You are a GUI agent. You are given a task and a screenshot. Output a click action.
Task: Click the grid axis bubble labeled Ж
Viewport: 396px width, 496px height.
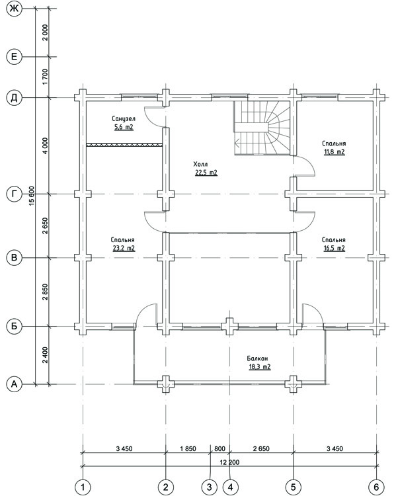pyautogui.click(x=14, y=9)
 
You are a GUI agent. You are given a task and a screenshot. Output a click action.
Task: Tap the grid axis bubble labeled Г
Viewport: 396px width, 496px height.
pyautogui.click(x=14, y=194)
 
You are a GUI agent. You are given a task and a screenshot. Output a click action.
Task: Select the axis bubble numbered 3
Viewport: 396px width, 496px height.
pyautogui.click(x=210, y=487)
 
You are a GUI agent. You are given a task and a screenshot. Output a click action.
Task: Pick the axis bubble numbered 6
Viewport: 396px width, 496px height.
pyautogui.click(x=376, y=487)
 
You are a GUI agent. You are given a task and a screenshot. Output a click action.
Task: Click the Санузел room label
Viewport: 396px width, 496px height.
pyautogui.click(x=124, y=118)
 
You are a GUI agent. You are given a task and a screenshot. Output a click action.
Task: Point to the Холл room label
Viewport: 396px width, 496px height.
pyautogui.click(x=200, y=164)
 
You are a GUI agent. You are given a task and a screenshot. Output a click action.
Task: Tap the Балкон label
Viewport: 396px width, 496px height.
pyautogui.click(x=257, y=358)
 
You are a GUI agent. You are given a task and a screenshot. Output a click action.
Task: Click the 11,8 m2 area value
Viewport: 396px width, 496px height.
pyautogui.click(x=334, y=152)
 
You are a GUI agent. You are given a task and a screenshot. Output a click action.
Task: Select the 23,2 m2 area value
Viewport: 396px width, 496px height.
pyautogui.click(x=124, y=248)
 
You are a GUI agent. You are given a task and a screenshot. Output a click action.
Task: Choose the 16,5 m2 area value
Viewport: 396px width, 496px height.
pyautogui.click(x=334, y=248)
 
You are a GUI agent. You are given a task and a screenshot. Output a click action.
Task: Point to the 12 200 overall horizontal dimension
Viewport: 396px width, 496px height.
pyautogui.click(x=229, y=462)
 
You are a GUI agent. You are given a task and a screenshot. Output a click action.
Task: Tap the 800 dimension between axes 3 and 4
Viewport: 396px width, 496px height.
pyautogui.click(x=220, y=448)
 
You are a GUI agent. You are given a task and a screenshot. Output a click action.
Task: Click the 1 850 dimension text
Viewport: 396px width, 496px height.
pyautogui.click(x=188, y=448)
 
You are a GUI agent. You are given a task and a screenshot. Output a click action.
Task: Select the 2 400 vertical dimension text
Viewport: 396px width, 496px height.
pyautogui.click(x=45, y=355)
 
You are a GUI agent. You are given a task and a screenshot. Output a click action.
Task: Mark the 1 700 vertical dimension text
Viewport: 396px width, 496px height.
pyautogui.click(x=45, y=77)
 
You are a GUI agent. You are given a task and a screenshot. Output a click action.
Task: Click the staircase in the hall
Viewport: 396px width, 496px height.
pyautogui.click(x=262, y=128)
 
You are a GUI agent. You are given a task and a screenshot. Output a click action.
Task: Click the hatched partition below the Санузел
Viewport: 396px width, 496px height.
pyautogui.click(x=124, y=145)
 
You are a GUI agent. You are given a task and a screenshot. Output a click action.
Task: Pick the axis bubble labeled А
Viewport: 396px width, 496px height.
pyautogui.click(x=14, y=384)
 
